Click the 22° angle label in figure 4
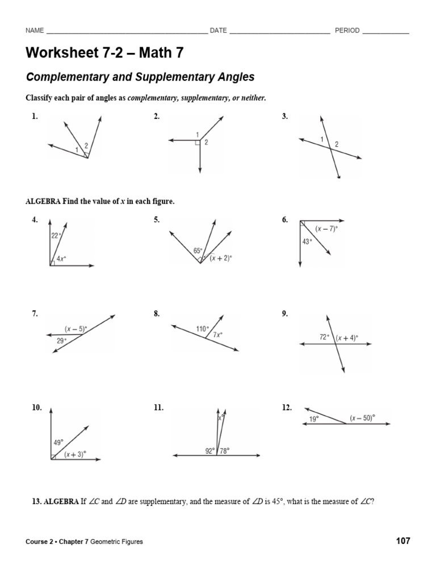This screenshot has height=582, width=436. tap(56, 235)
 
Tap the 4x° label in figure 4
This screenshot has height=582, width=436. tap(61, 258)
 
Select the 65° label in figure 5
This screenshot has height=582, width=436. tap(198, 250)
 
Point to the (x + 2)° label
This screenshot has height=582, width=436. tap(221, 257)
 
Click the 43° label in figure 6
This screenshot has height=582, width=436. tap(307, 242)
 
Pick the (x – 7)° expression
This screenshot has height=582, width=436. tap(326, 228)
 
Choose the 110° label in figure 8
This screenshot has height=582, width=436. tap(202, 329)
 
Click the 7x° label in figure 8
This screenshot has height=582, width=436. tap(217, 335)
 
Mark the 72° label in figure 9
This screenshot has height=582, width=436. tap(324, 337)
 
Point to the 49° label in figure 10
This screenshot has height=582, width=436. tap(57, 442)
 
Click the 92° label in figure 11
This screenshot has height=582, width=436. tap(209, 451)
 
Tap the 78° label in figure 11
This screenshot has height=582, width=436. tap(224, 451)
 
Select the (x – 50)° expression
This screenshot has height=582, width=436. tap(364, 418)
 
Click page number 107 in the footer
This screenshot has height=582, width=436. tap(403, 541)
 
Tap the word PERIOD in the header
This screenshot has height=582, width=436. tap(347, 31)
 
